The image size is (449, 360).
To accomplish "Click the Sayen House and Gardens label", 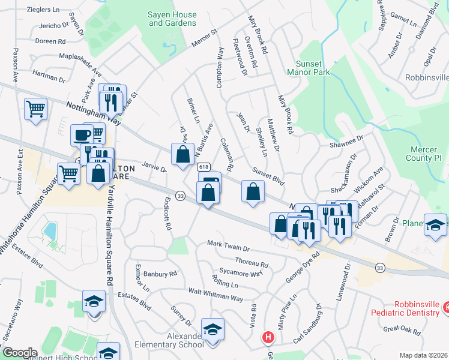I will pos(172,19).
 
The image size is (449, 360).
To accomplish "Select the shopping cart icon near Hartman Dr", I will pos(36,109).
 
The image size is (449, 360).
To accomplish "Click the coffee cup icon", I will pos(81,134).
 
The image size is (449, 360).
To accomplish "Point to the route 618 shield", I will pos(203,167).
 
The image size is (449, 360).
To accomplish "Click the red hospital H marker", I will pos(268,338).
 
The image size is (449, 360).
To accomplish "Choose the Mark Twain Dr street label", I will pos(228,245).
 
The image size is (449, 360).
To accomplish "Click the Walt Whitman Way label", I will pos(215,295).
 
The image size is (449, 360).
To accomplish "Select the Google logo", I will pos(20,352).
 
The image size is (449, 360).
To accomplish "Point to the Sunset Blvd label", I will pos(268,176).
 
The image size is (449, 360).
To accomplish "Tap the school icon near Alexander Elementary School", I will pos(212,329).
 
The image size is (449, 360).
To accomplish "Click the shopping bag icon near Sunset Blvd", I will pos(253,192).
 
